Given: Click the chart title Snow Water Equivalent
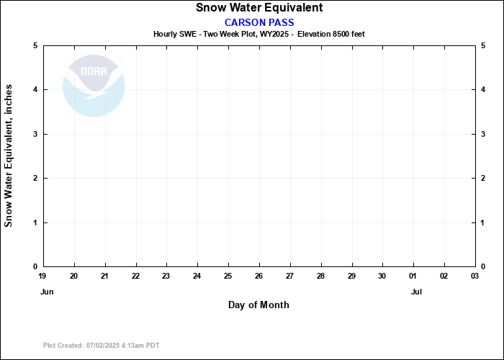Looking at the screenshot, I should (259, 8).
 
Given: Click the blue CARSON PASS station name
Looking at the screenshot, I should (259, 22).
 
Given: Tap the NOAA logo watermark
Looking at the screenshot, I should (94, 86).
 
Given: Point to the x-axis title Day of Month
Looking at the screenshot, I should (258, 305).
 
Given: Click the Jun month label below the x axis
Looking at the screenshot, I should (46, 292).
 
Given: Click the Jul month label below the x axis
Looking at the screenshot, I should (416, 292).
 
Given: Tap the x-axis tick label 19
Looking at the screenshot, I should (43, 276).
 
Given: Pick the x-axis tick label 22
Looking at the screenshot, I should (135, 276).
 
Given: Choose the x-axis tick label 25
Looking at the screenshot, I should (228, 276).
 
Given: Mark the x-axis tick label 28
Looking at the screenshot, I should (320, 276).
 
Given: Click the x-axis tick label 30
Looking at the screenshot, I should (382, 276).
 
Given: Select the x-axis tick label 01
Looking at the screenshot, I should (413, 276).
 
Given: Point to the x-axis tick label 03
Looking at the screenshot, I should (474, 276).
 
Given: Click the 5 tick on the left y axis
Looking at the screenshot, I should (35, 45).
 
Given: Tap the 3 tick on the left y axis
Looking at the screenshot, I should (35, 134).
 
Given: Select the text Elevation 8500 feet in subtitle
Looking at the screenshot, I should (336, 34).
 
